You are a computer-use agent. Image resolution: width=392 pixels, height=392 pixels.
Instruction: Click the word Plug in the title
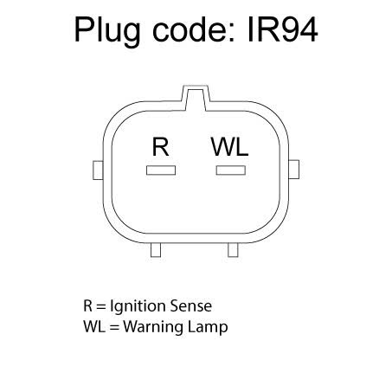[x=107, y=31]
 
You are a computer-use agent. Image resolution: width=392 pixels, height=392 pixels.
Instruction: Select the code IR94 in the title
[x=283, y=29]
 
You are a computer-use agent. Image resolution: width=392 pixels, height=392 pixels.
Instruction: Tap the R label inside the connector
[x=160, y=147]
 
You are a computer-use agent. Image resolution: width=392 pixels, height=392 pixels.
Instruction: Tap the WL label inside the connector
[x=229, y=147]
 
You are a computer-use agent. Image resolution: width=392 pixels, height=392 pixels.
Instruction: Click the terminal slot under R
[x=161, y=170]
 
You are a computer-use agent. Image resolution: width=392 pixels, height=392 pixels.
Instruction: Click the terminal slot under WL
[x=231, y=170]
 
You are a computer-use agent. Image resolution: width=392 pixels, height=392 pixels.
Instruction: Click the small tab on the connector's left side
[x=98, y=170]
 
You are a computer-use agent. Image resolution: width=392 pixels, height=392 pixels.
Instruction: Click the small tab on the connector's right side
[x=294, y=170]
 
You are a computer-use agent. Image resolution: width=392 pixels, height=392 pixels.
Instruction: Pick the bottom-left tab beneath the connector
[x=156, y=250]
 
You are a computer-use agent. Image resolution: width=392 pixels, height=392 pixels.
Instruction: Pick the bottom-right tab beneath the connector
[x=233, y=250]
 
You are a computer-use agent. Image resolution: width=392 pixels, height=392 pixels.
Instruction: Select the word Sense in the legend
[x=191, y=306]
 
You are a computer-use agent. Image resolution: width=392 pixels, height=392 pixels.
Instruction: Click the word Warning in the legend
[x=153, y=328]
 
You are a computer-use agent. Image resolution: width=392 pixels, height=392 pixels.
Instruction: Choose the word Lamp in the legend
[x=208, y=328]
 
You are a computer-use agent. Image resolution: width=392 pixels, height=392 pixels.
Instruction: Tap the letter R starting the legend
[x=87, y=306]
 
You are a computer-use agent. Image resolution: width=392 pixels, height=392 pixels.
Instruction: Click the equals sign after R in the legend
[x=101, y=307]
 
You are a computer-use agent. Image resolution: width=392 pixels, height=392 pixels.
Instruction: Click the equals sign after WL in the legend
[x=114, y=328]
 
